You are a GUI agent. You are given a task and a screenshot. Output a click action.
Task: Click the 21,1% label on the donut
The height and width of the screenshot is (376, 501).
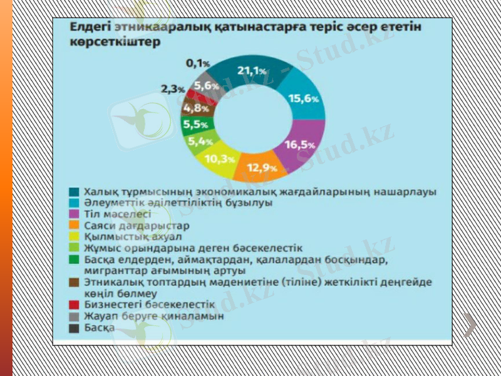pos(252,71)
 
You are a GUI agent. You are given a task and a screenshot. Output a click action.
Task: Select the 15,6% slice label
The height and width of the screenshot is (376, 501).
pos(304,98)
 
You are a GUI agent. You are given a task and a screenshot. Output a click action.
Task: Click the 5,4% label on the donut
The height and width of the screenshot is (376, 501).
pos(200,141)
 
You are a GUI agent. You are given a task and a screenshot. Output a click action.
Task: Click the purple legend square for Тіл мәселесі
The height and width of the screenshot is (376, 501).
pos(74,214)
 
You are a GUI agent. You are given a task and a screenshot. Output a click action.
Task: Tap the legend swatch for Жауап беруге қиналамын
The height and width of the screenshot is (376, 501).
pos(74,316)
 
